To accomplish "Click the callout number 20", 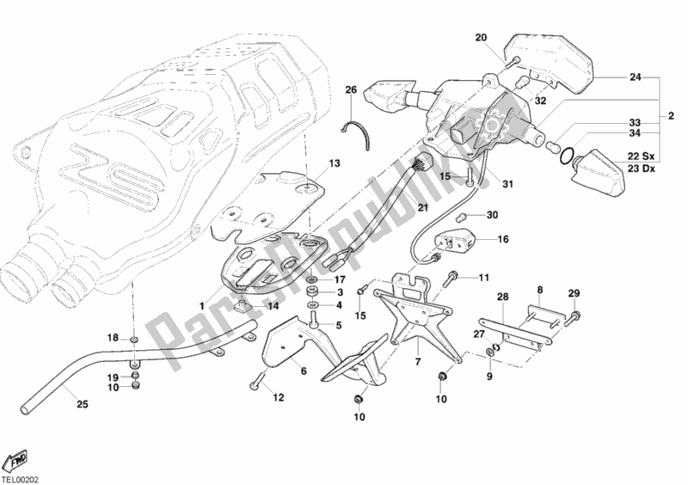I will click(x=481, y=37).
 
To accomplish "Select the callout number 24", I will click(x=635, y=77).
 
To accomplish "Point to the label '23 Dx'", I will click(x=639, y=169).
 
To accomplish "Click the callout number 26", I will click(x=350, y=90).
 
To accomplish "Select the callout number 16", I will click(x=503, y=241).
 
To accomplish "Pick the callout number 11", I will click(x=483, y=277).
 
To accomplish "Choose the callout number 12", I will click(x=278, y=397).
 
